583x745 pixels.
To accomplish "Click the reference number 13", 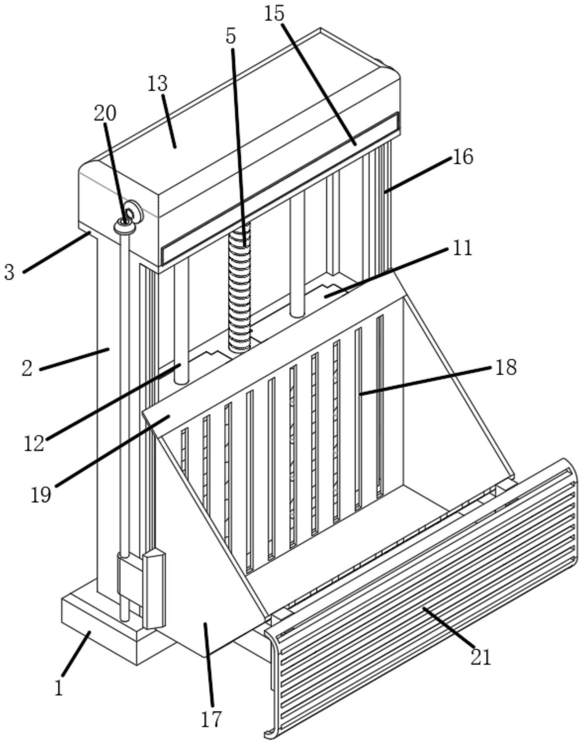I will [158, 84].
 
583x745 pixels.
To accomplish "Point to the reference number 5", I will [231, 36].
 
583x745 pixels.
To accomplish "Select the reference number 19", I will [41, 495].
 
